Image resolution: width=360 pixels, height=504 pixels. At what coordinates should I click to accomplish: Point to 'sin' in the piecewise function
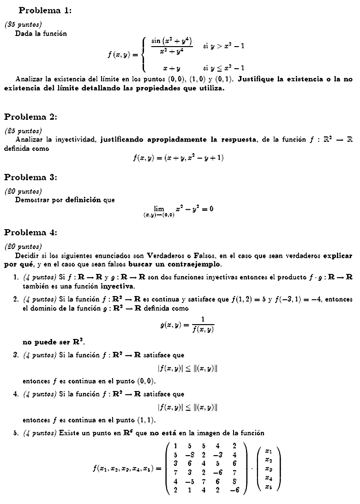click(156, 41)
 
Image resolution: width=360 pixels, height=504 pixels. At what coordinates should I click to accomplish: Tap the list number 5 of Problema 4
click(16, 433)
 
